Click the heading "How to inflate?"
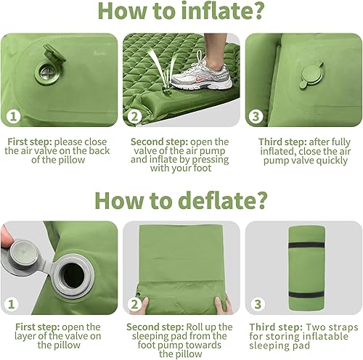pos(181,13)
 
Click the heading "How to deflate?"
pos(181,198)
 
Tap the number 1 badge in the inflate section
pos(12,116)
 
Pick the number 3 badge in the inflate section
pos(255,116)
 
